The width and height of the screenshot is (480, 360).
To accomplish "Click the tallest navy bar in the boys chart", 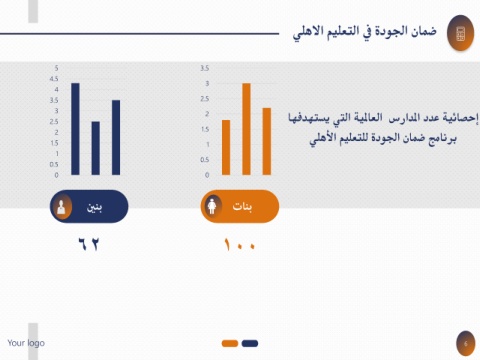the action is click(x=75, y=129).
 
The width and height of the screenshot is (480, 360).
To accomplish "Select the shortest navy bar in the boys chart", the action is click(x=96, y=148).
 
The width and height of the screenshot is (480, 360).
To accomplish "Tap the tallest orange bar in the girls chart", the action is click(x=246, y=129).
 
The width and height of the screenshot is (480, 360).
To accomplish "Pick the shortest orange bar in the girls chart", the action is click(x=226, y=147).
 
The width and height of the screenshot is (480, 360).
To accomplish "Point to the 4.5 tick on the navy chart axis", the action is click(x=54, y=79).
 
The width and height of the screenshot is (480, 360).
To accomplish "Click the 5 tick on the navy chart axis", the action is click(x=56, y=68).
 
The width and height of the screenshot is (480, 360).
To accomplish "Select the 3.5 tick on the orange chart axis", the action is click(x=205, y=68).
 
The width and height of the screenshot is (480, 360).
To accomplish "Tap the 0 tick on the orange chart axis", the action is click(x=207, y=175).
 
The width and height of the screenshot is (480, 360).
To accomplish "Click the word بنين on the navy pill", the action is click(x=94, y=207).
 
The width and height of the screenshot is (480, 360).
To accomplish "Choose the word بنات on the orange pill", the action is click(x=242, y=207).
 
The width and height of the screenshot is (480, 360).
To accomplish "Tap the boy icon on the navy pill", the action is click(x=61, y=207).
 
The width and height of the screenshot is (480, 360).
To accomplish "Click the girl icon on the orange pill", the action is click(x=212, y=206).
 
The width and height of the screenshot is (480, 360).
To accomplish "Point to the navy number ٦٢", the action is click(x=89, y=244).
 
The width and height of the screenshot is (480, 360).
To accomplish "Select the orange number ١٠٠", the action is click(x=240, y=244).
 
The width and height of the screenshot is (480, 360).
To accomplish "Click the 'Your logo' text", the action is click(x=26, y=343).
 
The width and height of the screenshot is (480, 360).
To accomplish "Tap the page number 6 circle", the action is click(x=466, y=344).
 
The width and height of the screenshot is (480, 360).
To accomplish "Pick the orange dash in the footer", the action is click(x=230, y=343).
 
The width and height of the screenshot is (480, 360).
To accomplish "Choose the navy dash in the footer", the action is click(x=250, y=343).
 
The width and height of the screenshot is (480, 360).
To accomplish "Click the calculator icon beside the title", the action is click(x=460, y=34).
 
